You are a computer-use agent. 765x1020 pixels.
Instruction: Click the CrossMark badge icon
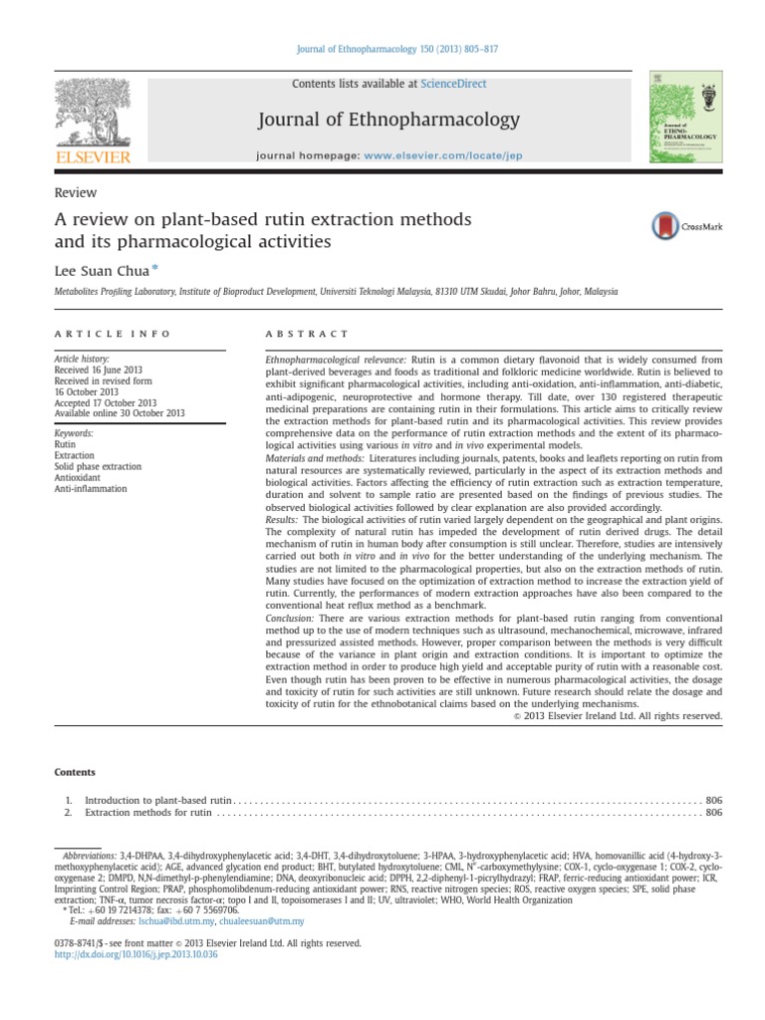(686, 226)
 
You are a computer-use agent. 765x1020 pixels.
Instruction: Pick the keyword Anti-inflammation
(91, 489)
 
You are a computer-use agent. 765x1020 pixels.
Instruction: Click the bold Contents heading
(76, 772)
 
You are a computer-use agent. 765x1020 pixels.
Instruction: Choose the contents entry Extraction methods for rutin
(148, 813)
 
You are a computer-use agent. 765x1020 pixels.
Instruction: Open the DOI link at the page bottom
(134, 954)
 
